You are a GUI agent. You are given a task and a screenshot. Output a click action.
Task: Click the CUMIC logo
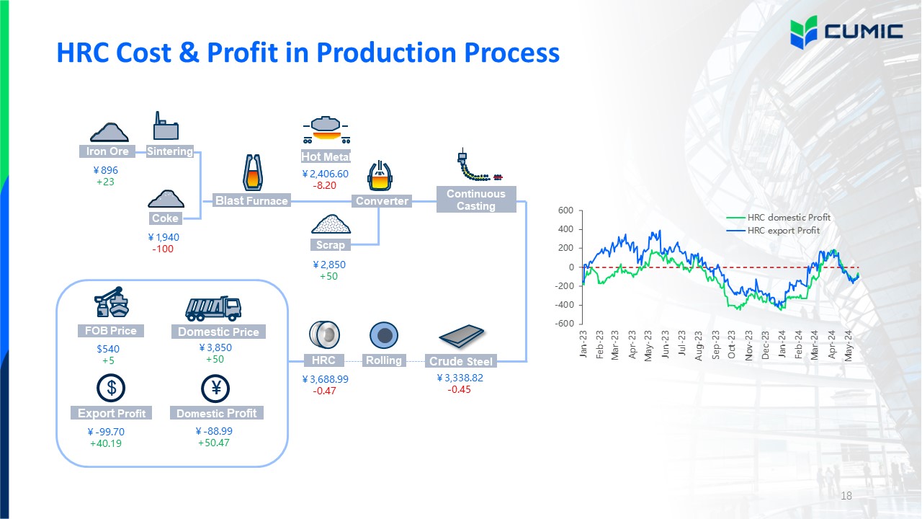point(846,32)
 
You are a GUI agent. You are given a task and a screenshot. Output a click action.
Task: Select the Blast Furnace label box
point(251,200)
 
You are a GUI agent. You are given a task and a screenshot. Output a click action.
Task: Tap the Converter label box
point(382,201)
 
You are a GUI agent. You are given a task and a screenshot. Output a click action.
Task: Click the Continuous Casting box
point(476,200)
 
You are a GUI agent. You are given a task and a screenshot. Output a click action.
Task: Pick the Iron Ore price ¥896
point(106,170)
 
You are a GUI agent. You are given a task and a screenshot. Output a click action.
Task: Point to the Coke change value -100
point(163,249)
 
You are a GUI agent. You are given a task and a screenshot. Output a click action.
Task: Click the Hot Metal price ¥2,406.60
point(325,174)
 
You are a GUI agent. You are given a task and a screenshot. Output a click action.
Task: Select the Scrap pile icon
point(331,224)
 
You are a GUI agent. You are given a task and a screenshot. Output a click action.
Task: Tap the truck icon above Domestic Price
point(213,309)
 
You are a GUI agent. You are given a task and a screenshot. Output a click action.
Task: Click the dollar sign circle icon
point(111,388)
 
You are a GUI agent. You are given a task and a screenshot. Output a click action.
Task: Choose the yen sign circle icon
point(215,389)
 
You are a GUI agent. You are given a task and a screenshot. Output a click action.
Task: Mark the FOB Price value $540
point(108,349)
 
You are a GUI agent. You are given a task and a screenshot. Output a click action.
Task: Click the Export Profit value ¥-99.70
point(106,432)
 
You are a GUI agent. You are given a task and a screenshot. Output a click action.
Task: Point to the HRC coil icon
point(324,335)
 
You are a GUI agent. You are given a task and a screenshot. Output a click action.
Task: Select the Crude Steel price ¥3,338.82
point(460,378)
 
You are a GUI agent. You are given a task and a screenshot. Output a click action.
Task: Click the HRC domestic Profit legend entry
point(779,218)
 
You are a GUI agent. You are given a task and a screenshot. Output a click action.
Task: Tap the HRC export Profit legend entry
point(773,231)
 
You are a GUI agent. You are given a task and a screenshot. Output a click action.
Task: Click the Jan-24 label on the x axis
point(782,344)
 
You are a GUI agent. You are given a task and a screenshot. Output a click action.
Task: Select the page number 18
point(846,495)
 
